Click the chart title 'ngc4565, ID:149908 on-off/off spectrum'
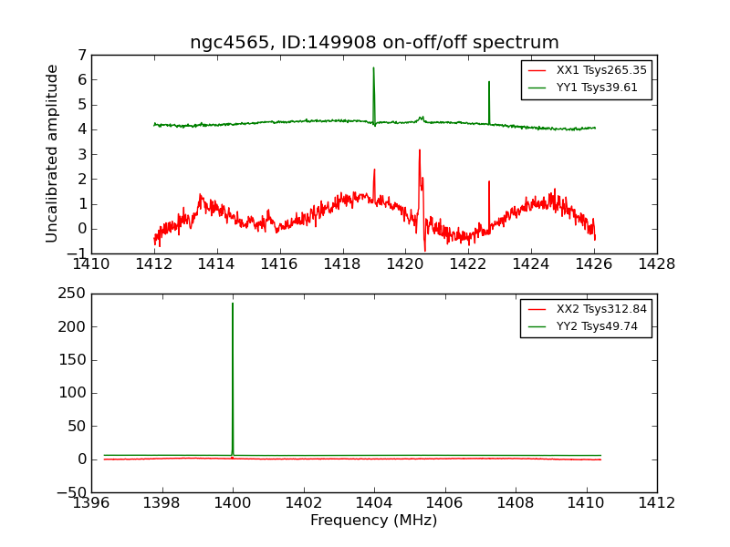[374, 43]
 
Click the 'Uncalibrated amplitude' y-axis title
[53, 153]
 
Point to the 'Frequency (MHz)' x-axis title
[374, 521]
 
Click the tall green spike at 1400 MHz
[233, 304]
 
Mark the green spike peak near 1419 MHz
[373, 67]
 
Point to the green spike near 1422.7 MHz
[489, 82]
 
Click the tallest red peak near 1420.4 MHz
[420, 150]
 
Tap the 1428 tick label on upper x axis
[657, 264]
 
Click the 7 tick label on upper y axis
[81, 55]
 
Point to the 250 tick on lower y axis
[72, 294]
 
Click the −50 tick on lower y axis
[69, 492]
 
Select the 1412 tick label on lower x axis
[657, 503]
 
